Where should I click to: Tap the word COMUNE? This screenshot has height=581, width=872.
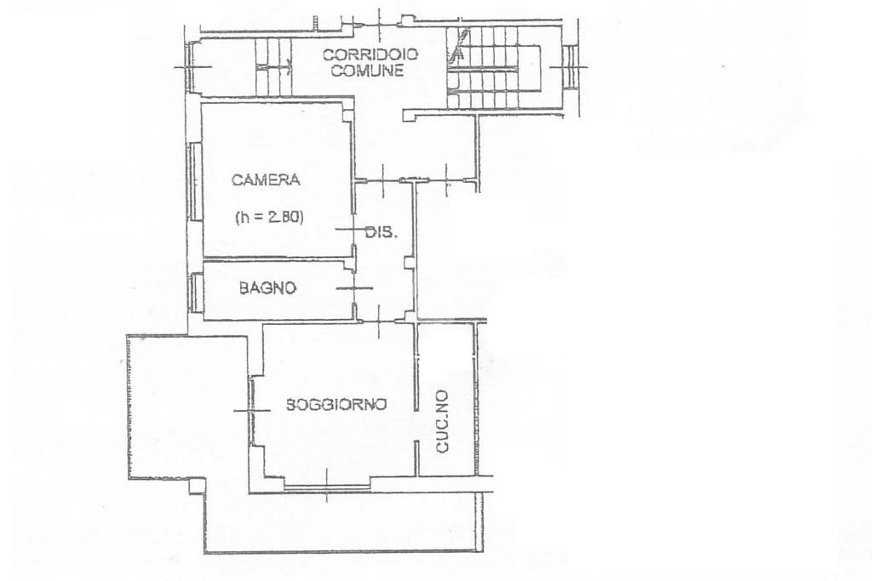coord(370,71)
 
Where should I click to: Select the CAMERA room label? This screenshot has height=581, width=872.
coord(266,180)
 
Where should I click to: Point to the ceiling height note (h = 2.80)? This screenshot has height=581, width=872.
coord(269,217)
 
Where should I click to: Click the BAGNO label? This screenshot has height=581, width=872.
coord(267,288)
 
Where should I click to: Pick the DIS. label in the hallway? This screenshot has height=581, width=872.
coord(381,232)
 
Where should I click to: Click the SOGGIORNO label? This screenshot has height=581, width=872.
coord(336,404)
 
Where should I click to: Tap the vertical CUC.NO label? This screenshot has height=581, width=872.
coord(442,421)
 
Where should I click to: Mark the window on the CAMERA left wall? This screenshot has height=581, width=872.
coord(194,182)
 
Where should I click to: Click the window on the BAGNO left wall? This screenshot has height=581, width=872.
coord(195,292)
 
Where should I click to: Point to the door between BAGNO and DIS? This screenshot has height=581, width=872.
coord(354,288)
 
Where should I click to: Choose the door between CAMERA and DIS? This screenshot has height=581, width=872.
coord(353,230)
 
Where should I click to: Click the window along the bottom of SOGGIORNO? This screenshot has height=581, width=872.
coord(326,487)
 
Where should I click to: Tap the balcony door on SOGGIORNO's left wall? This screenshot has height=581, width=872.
coord(251,411)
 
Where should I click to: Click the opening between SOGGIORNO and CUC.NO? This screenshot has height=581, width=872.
coord(416,426)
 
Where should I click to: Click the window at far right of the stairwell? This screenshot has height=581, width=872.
coord(570,66)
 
